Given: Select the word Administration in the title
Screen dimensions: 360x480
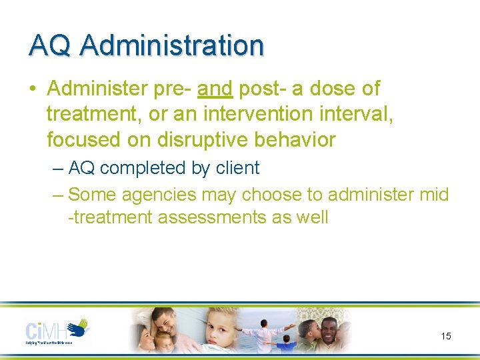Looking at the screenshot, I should (172, 45).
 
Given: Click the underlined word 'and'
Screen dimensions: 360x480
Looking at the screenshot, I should (214, 88).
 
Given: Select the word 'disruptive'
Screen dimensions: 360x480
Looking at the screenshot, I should (198, 140).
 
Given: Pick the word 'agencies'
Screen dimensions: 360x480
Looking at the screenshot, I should (159, 195).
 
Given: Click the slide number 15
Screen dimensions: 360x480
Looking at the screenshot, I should (446, 336).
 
